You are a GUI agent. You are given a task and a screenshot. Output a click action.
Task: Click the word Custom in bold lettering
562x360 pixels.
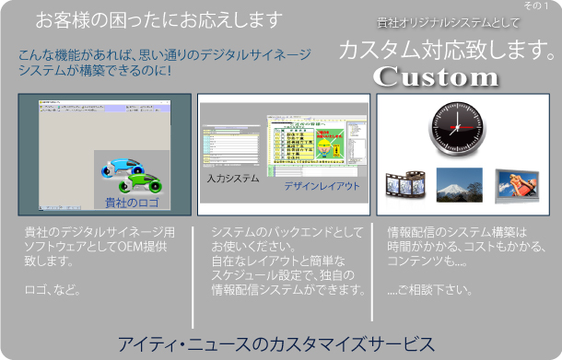pyautogui.click(x=436, y=77)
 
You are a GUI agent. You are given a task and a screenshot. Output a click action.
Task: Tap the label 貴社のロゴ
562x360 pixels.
pyautogui.click(x=131, y=201)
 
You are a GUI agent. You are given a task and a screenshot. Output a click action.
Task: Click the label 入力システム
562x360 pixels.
pyautogui.click(x=233, y=179)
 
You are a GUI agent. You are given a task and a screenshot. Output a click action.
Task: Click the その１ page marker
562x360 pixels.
pyautogui.click(x=535, y=6)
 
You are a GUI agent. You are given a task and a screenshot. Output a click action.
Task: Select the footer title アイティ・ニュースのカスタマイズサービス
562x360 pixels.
pyautogui.click(x=275, y=343)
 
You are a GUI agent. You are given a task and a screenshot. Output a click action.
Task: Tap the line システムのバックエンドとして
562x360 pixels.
pyautogui.click(x=287, y=232)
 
